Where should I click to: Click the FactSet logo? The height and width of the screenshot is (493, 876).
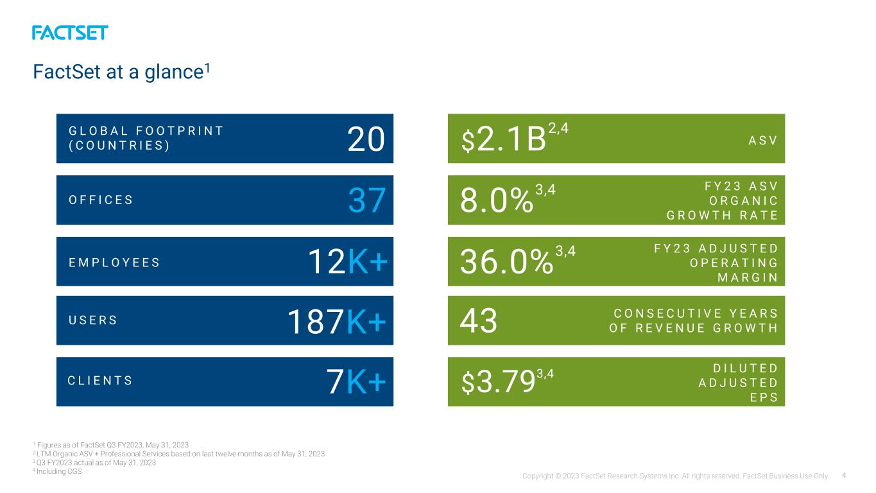coord(70,33)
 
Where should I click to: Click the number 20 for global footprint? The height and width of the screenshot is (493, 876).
coord(366,139)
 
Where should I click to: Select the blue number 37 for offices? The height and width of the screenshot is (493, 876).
coord(367,200)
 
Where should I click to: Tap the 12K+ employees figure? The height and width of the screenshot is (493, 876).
coord(348,261)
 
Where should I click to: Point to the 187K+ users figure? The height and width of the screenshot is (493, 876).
coord(337,322)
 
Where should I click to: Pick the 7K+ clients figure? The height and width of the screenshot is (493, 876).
coord(356,381)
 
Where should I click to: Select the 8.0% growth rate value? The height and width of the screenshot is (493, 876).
coord(497,200)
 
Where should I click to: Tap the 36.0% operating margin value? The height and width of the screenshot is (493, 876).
coord(507,261)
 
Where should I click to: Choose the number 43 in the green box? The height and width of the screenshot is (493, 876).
coord(479,321)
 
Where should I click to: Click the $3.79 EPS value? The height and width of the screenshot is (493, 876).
coord(498,382)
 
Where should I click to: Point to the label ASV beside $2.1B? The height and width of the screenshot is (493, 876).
coord(763,141)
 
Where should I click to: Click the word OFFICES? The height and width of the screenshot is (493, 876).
coord(101,200)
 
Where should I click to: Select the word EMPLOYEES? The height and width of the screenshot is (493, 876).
coord(114,262)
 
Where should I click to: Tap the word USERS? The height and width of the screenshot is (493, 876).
coord(92,320)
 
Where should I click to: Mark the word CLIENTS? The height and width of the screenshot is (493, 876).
coord(99,380)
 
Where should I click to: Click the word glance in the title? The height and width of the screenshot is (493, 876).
coord(174,73)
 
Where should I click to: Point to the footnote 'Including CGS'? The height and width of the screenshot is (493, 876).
coord(59,471)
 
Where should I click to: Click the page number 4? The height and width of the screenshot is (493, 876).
coord(844,476)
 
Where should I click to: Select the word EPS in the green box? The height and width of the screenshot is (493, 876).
coord(764,397)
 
